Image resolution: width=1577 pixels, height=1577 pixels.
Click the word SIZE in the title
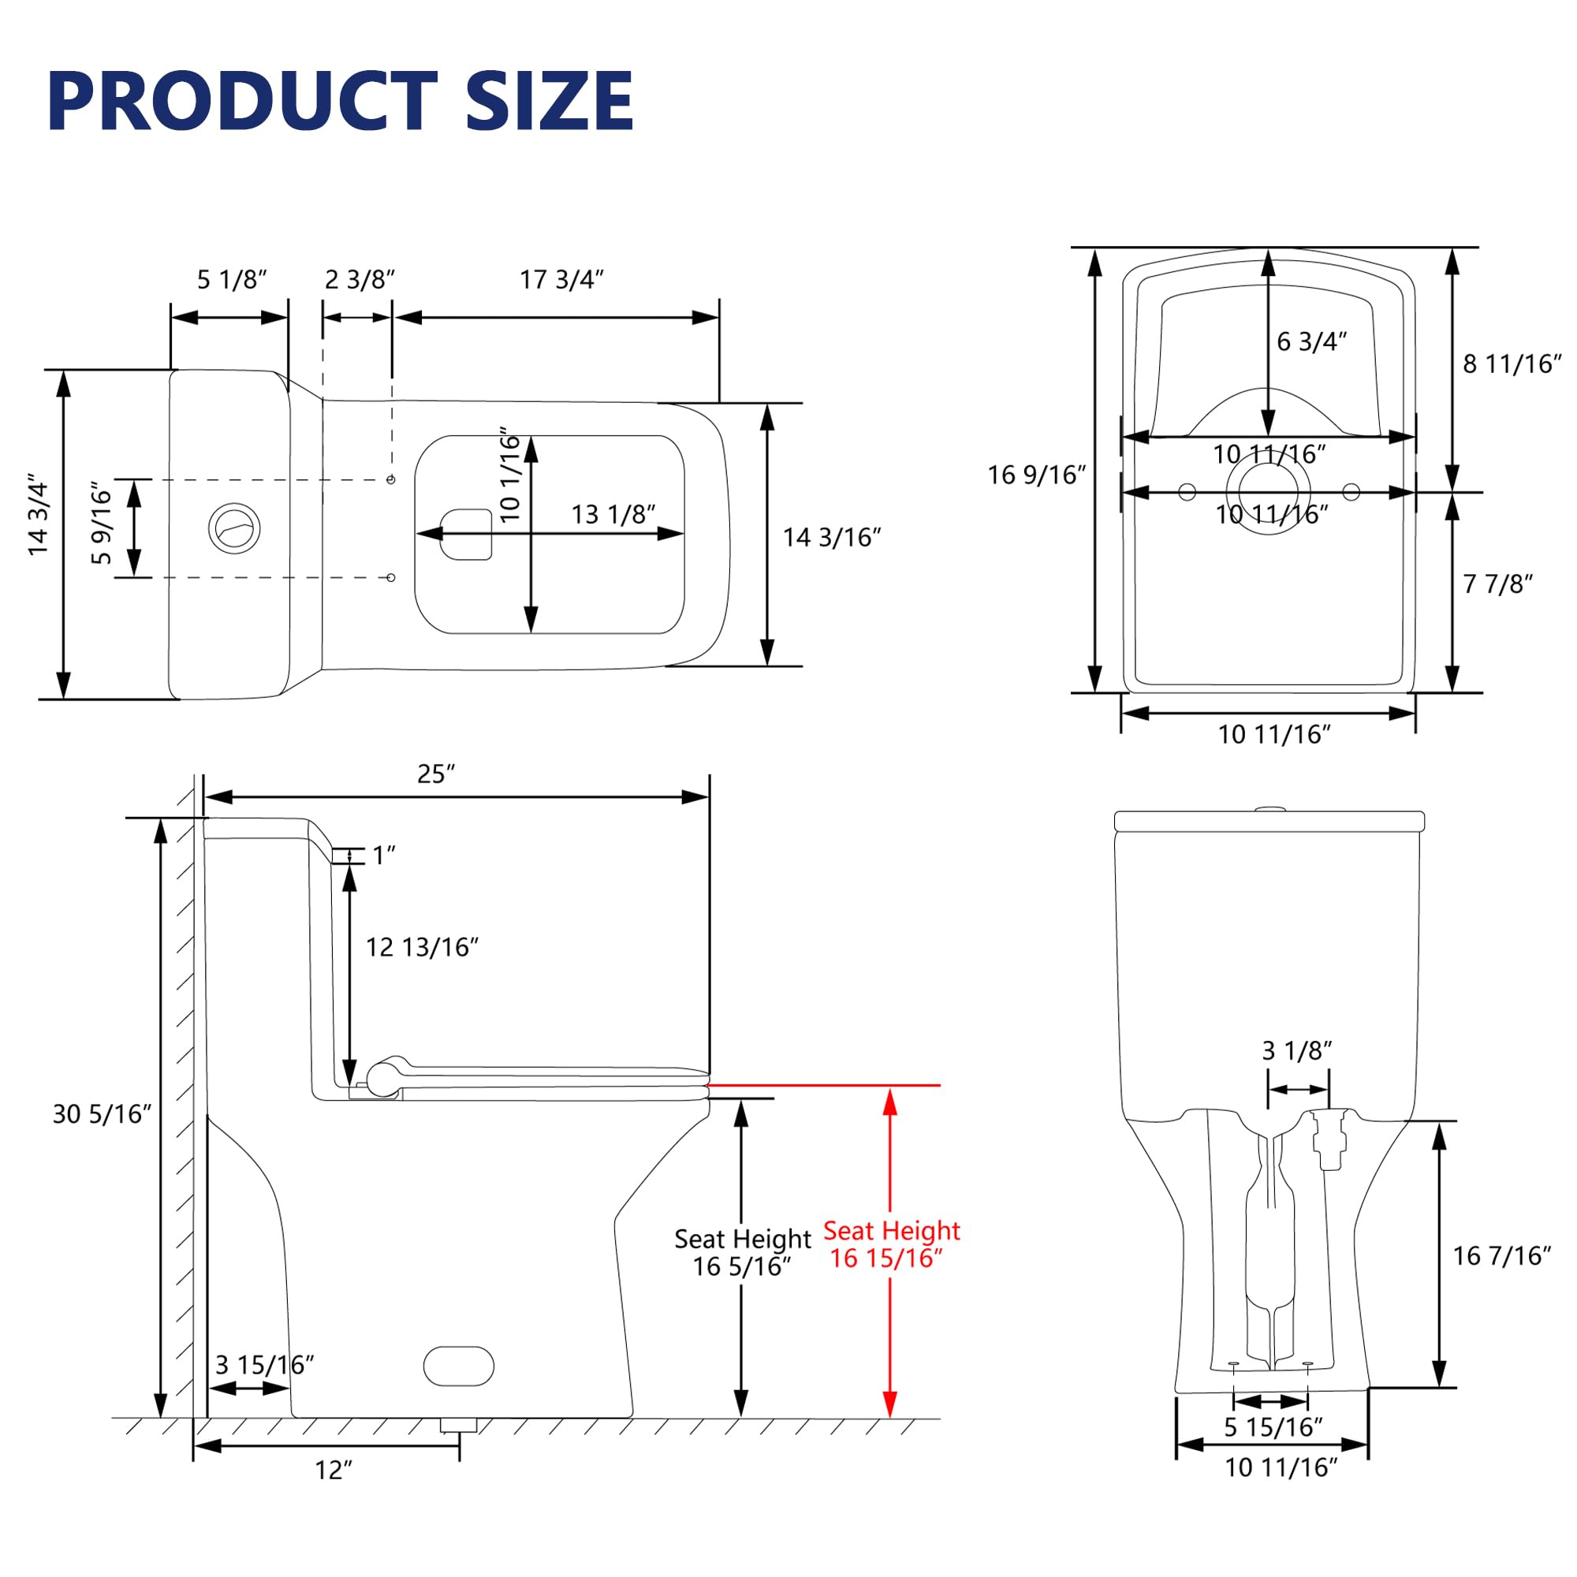(550, 101)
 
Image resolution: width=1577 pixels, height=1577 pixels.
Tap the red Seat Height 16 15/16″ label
(891, 1244)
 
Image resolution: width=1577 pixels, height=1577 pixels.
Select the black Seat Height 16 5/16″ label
(743, 1252)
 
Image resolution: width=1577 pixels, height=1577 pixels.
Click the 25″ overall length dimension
(436, 774)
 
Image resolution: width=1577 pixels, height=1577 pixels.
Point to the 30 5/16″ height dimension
(102, 1113)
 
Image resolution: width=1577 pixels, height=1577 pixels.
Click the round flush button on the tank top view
(234, 528)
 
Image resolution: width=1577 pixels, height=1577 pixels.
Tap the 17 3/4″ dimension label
(561, 280)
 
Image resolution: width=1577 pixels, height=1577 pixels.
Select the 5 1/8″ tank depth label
(232, 280)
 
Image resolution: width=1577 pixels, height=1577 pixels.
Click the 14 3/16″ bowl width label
(832, 537)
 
